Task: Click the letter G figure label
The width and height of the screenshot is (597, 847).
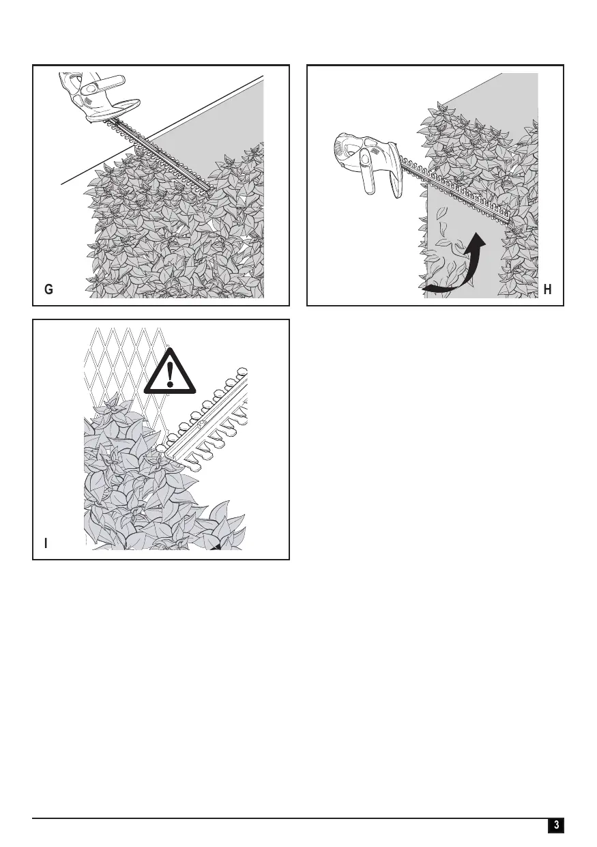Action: click(x=48, y=289)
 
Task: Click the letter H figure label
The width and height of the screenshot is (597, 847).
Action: click(x=547, y=289)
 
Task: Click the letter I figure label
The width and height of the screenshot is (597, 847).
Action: click(x=46, y=543)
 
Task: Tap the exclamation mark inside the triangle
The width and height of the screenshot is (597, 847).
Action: click(x=170, y=374)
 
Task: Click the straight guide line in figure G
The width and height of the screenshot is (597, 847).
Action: click(x=162, y=130)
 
